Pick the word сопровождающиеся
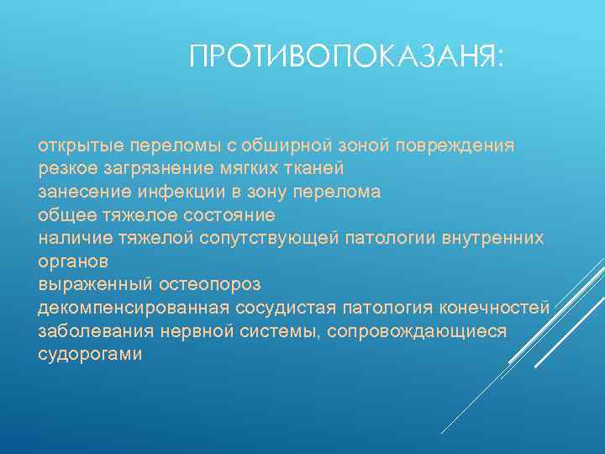click(417, 331)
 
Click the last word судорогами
click(91, 354)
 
